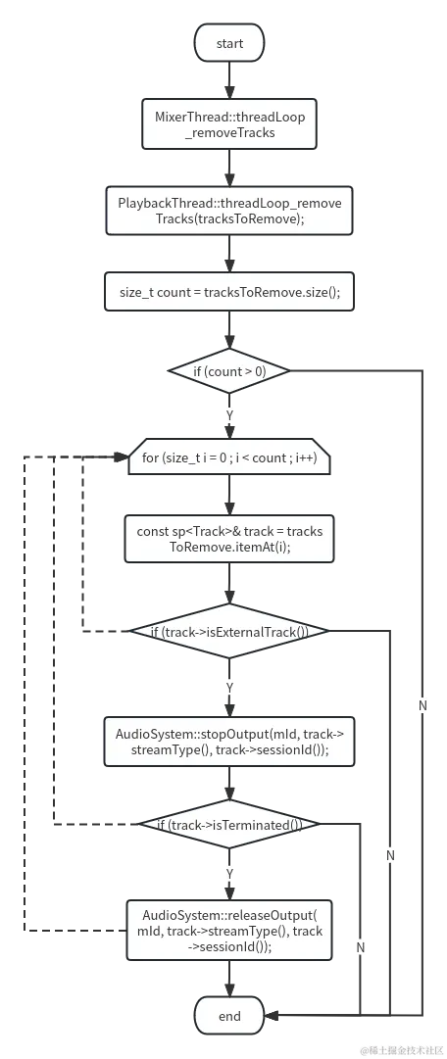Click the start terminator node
point(229,43)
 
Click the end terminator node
point(229,1016)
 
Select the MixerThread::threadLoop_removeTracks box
point(229,124)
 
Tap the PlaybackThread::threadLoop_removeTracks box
point(229,211)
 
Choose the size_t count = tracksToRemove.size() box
point(229,292)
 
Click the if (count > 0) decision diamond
point(229,372)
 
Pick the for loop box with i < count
point(229,457)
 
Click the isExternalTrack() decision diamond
point(229,632)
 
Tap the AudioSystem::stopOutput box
point(229,742)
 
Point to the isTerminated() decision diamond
point(229,825)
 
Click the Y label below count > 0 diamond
point(229,415)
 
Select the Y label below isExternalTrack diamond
point(229,688)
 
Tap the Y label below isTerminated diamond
point(229,872)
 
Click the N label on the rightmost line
point(422,705)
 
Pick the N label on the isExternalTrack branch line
point(390,855)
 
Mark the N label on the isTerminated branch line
point(361,947)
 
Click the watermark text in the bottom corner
point(402,1050)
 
